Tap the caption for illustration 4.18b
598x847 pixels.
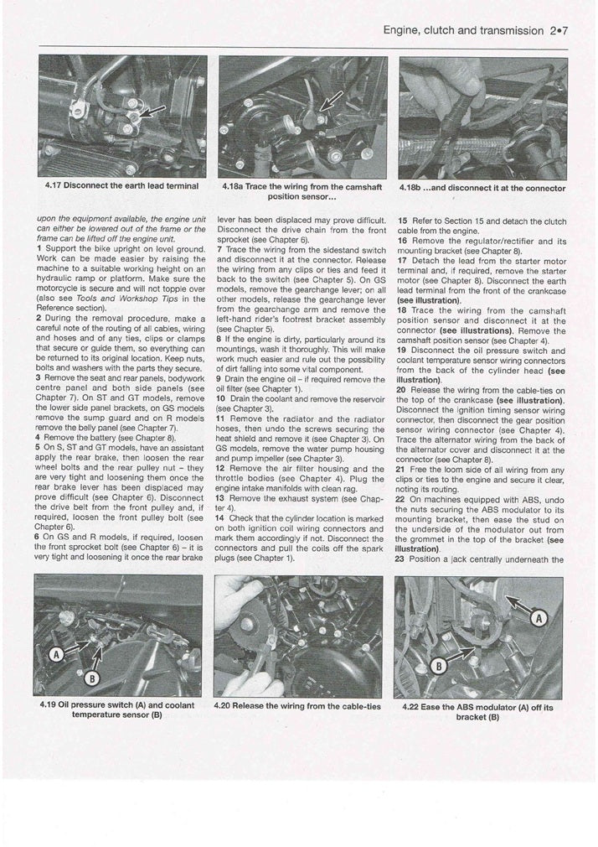(x=482, y=188)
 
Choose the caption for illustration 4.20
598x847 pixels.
(x=297, y=706)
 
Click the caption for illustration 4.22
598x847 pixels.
(x=478, y=711)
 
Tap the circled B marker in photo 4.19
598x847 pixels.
(x=93, y=676)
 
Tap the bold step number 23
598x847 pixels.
(x=401, y=559)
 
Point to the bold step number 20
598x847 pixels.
(x=402, y=390)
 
